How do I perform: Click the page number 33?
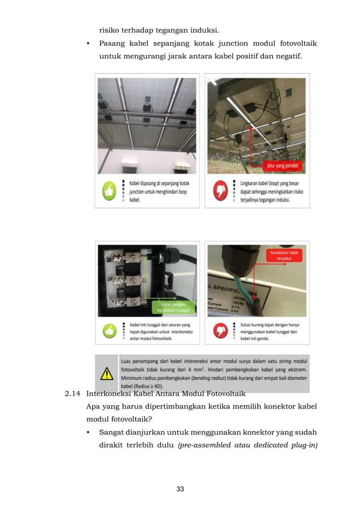pyautogui.click(x=180, y=489)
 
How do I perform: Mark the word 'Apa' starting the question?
pyautogui.click(x=94, y=407)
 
